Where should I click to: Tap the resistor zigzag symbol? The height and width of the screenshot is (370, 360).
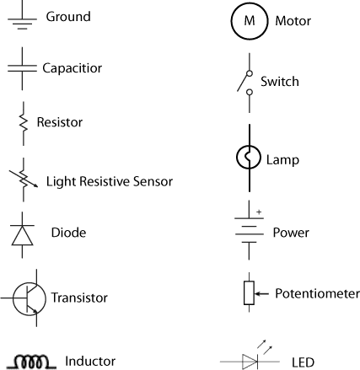[22, 121]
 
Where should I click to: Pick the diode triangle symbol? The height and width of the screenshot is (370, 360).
[22, 234]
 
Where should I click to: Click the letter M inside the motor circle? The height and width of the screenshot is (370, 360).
[248, 20]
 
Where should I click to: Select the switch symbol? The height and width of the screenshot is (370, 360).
[246, 83]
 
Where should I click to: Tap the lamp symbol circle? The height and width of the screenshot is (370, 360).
[248, 158]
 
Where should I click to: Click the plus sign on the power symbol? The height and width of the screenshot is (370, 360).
[260, 211]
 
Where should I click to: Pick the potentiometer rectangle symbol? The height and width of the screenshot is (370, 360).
[248, 293]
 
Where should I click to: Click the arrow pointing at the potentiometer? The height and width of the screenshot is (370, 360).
[261, 293]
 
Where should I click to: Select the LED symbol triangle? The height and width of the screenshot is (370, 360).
[250, 362]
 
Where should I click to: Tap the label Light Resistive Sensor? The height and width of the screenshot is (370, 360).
[110, 181]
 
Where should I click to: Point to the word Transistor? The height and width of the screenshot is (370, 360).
[79, 298]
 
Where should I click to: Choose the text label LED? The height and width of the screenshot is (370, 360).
[302, 362]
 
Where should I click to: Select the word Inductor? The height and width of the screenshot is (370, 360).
[90, 362]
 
